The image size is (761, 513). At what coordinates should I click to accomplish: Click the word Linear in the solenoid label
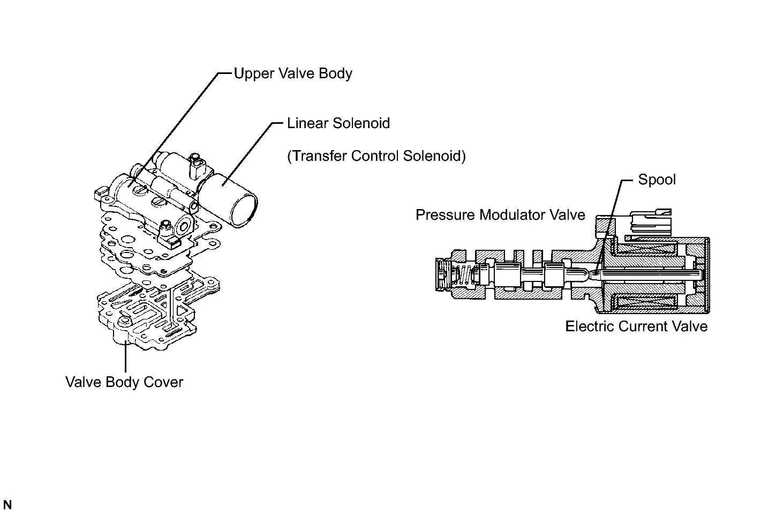pyautogui.click(x=307, y=123)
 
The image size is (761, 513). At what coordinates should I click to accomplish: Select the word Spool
pyautogui.click(x=657, y=180)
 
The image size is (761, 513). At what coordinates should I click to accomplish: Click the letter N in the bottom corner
pyautogui.click(x=7, y=505)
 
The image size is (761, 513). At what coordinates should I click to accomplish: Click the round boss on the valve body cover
pyautogui.click(x=125, y=322)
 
